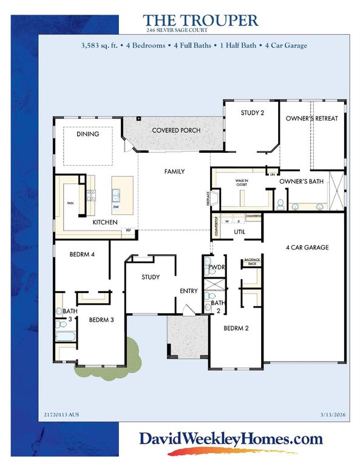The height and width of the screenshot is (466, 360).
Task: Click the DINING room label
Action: coord(87,134)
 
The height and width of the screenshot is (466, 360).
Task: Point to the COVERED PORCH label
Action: coord(176,130)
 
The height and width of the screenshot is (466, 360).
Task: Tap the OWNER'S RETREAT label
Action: coord(312,118)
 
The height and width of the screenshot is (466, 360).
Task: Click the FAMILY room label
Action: coord(174,172)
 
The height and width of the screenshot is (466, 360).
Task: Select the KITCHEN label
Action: coord(104,223)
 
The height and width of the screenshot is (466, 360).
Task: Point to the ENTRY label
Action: coord(188,291)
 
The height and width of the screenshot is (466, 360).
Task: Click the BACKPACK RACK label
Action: coord(251,262)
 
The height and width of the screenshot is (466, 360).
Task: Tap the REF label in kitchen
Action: coord(128,231)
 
